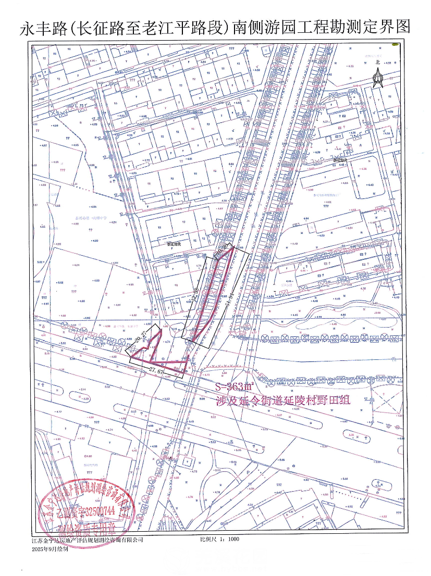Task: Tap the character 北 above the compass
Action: click(378, 62)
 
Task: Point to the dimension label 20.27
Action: click(139, 339)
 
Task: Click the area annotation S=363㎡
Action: click(234, 386)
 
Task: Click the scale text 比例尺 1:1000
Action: click(219, 540)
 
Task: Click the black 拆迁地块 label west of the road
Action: click(173, 243)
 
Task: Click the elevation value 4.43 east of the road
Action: click(371, 185)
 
